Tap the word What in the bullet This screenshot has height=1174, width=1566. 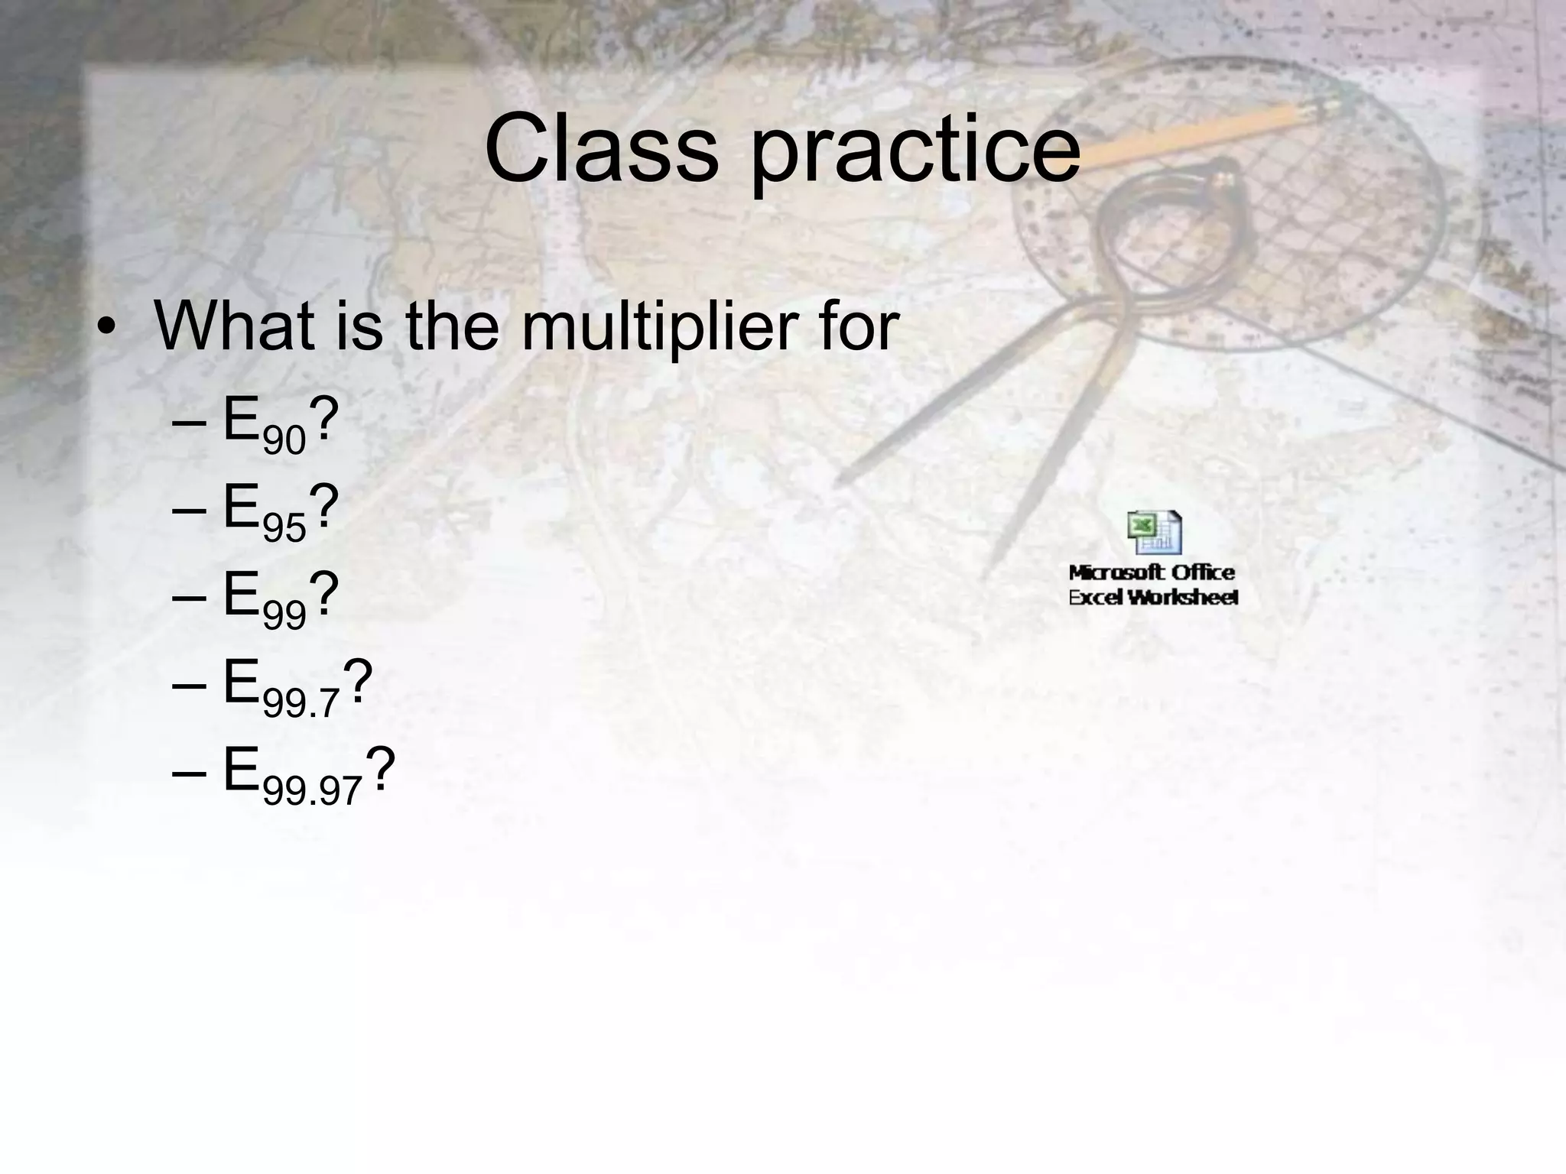[233, 326]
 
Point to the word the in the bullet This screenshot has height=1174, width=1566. [452, 326]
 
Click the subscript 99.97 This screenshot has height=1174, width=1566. [311, 790]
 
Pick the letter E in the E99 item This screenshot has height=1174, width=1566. [241, 595]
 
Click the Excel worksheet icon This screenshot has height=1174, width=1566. [1154, 533]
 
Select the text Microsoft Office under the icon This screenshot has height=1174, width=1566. [1152, 572]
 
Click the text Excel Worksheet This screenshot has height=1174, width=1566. [1152, 598]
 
